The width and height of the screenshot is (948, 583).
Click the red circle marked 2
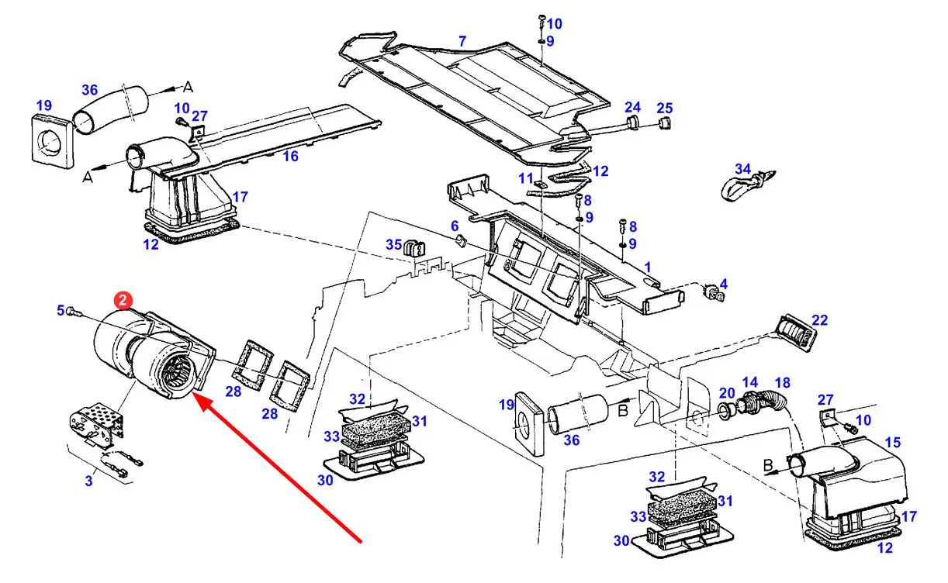coord(123,301)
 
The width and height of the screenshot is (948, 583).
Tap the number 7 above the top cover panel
coord(462,41)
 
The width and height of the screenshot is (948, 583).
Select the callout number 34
coord(742,169)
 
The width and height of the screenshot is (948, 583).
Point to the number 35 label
coord(393,244)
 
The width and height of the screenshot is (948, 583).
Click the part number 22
coord(820,320)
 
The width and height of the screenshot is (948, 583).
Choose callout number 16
coord(291,156)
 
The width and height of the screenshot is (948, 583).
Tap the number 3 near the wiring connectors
coord(88,481)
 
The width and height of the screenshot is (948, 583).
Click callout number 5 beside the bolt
coord(61,310)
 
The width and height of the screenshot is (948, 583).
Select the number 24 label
coord(633,107)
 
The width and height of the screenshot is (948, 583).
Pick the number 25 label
coord(665,108)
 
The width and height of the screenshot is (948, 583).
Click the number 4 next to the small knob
coord(723,284)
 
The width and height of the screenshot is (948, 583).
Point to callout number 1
coord(647,267)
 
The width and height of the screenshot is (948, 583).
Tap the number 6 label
coord(455,226)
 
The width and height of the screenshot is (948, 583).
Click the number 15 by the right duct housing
coord(893,443)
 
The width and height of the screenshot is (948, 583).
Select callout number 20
coord(727,393)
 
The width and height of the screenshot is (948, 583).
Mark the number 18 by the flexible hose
coord(783,382)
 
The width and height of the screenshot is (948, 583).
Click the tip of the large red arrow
coord(193,394)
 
